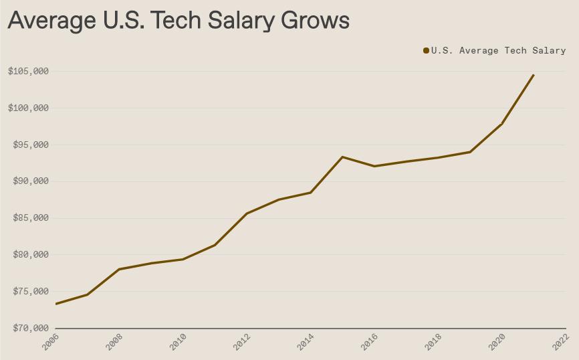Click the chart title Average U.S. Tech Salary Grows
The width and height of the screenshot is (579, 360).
pyautogui.click(x=179, y=20)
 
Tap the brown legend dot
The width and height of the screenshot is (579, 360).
pyautogui.click(x=426, y=51)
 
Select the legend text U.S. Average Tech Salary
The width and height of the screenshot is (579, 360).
pyautogui.click(x=498, y=51)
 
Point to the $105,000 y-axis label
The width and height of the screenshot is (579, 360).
pyautogui.click(x=28, y=72)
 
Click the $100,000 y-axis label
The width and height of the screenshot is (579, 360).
pyautogui.click(x=28, y=108)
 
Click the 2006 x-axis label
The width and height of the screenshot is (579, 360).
pyautogui.click(x=50, y=342)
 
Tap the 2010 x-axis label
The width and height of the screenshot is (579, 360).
pyautogui.click(x=178, y=342)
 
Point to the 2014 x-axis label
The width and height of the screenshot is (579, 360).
pyautogui.click(x=306, y=342)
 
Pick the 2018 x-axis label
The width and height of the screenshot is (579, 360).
pyautogui.click(x=433, y=342)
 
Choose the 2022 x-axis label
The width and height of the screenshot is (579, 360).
pyautogui.click(x=561, y=342)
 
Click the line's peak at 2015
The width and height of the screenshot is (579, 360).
pyautogui.click(x=342, y=157)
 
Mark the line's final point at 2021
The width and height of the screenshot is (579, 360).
pyautogui.click(x=534, y=75)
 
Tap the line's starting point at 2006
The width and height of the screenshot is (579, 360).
pyautogui.click(x=55, y=304)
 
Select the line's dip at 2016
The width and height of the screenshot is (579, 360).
pyautogui.click(x=374, y=166)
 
